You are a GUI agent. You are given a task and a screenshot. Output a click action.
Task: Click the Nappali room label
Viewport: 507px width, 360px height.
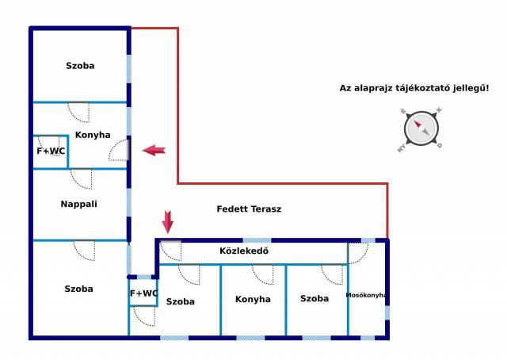tap(79, 204)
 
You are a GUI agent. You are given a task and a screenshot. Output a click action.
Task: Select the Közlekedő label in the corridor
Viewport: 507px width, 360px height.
tap(244, 251)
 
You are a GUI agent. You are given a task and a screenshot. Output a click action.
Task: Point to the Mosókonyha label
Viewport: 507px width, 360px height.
tap(366, 295)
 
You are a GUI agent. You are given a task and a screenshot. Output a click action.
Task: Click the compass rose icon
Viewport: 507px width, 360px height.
tap(421, 129)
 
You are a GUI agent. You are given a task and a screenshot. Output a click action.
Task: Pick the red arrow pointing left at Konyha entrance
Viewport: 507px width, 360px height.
tap(154, 150)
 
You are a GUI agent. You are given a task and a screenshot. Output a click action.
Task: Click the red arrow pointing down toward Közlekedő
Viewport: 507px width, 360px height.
tap(167, 222)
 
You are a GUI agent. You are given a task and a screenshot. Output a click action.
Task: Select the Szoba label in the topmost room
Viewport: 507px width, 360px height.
tap(80, 66)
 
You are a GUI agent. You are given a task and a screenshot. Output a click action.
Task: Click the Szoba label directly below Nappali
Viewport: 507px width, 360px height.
tap(79, 289)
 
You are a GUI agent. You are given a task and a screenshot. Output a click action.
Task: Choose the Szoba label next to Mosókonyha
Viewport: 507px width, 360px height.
tap(314, 298)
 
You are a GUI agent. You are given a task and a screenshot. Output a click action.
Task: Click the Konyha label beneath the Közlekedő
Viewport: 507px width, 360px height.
tap(253, 300)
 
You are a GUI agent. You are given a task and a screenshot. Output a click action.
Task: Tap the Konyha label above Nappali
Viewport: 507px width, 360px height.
tap(93, 135)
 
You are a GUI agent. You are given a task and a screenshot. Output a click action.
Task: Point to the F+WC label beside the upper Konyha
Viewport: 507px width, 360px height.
tap(51, 151)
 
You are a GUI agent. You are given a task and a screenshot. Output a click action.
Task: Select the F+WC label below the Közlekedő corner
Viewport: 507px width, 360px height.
tap(143, 293)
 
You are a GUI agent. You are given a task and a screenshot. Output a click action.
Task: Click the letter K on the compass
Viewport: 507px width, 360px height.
tap(439, 110)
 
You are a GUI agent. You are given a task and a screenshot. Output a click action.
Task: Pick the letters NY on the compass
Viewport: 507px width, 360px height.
tap(402, 148)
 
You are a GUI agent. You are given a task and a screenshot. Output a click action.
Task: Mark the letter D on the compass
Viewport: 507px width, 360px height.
tap(440, 146)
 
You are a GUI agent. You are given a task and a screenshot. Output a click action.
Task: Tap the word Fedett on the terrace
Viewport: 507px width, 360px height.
tap(229, 209)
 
